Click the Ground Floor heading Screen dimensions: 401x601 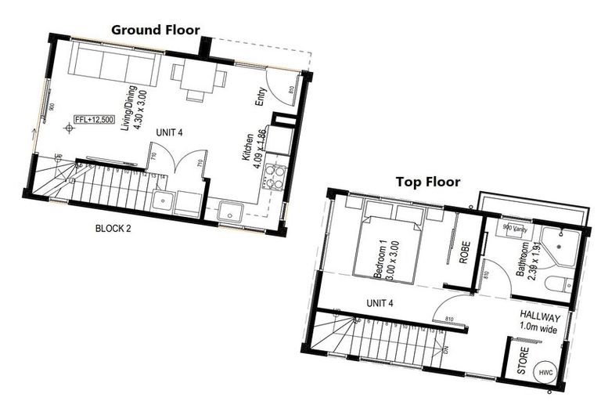tap(155, 30)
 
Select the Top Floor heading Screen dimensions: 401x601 tap(427, 182)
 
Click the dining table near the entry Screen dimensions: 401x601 tap(197, 77)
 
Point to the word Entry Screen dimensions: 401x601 tap(261, 96)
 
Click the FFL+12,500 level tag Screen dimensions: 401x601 tap(93, 120)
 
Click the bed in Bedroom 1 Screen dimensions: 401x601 tap(388, 243)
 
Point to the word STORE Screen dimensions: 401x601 tap(522, 364)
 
